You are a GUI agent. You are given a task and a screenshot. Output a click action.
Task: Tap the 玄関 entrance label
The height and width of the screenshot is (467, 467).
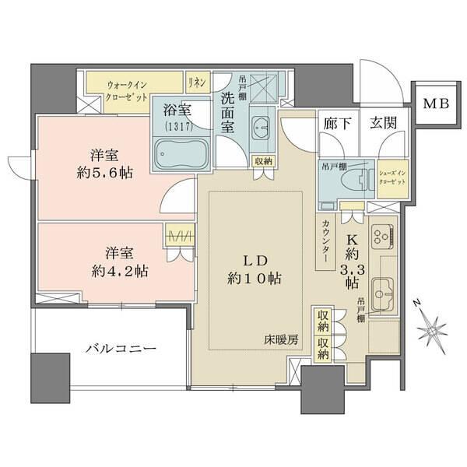(x=381, y=123)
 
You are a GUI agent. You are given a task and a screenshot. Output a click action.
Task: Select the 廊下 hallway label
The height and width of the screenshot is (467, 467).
(x=335, y=123)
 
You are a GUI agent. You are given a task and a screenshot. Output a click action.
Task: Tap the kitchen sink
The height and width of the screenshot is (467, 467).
(x=381, y=291)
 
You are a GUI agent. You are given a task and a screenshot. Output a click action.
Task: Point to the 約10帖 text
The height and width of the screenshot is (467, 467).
(x=255, y=278)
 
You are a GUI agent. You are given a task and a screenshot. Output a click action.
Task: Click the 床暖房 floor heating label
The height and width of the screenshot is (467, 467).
(x=280, y=340)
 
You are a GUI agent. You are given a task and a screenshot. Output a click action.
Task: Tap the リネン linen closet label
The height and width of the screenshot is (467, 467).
(x=195, y=79)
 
